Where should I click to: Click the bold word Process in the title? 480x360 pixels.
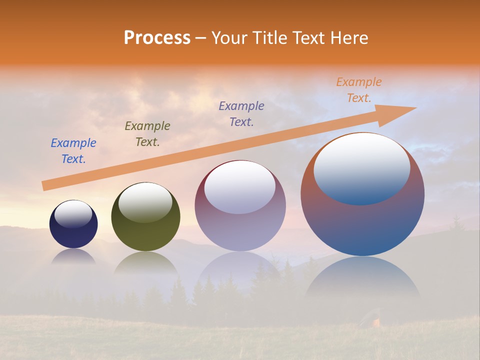pos(157,37)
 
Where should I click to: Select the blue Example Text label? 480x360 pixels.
pos(73,150)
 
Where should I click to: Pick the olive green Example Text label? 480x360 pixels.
pos(147,133)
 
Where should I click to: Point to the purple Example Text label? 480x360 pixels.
pos(241,113)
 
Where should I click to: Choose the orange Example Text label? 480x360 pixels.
pos(359,90)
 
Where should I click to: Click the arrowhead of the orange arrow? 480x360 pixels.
pos(400,111)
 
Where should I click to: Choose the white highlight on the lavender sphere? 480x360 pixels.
pos(240,187)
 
